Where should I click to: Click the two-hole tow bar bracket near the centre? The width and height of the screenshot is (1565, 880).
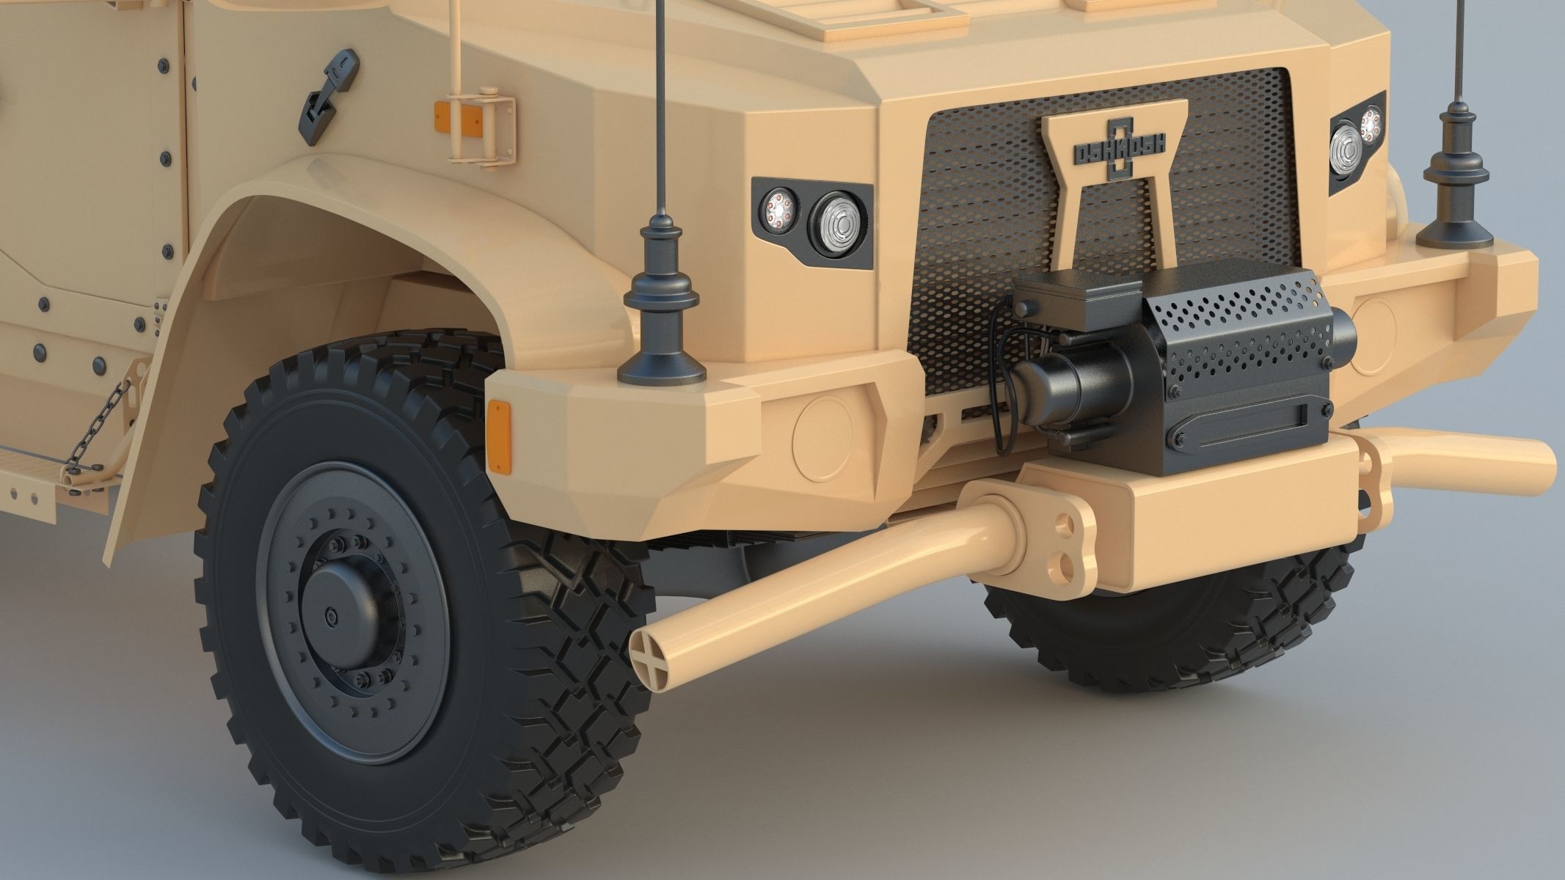(x=1060, y=539)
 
